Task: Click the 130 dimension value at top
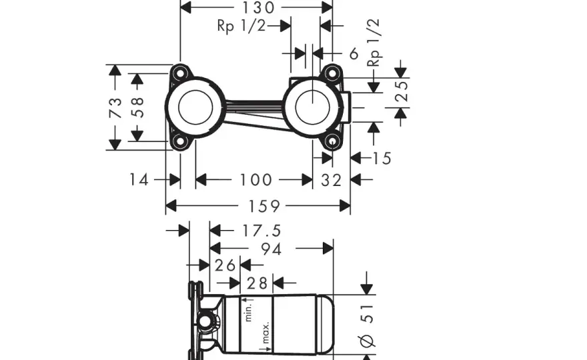pyautogui.click(x=259, y=7)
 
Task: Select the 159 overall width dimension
pyautogui.click(x=264, y=206)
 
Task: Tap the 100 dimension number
pyautogui.click(x=255, y=179)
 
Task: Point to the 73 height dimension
pyautogui.click(x=115, y=107)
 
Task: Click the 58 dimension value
pyautogui.click(x=138, y=107)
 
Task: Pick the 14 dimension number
pyautogui.click(x=139, y=179)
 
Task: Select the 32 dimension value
pyautogui.click(x=332, y=180)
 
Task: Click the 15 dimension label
pyautogui.click(x=382, y=158)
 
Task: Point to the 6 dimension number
pyautogui.click(x=354, y=54)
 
